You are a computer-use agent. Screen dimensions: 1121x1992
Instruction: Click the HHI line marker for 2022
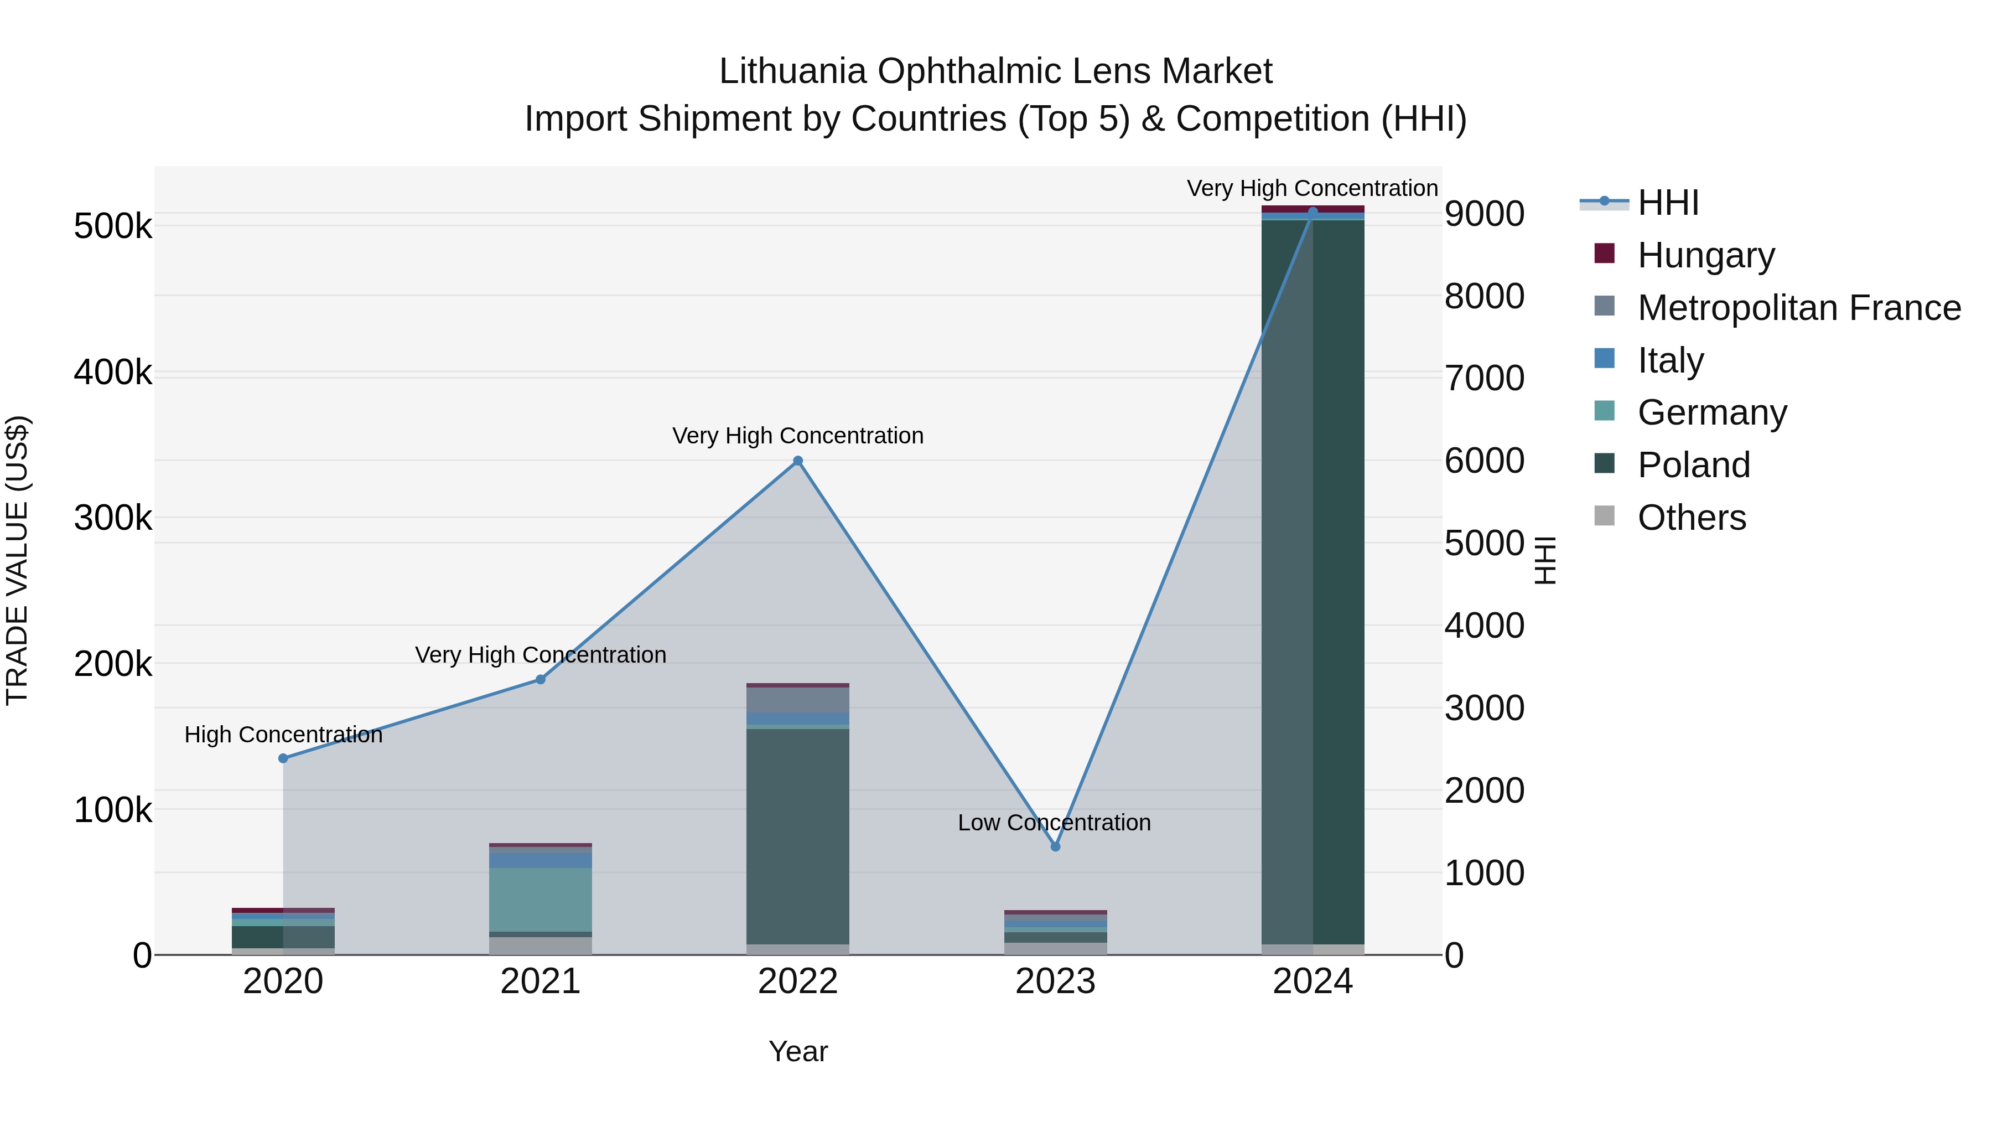pyautogui.click(x=798, y=461)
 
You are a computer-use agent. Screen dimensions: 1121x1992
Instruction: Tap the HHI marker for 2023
pyautogui.click(x=1056, y=846)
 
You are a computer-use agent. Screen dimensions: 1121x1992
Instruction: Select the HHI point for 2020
pyautogui.click(x=283, y=758)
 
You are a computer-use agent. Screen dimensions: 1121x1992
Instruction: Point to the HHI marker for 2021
pyautogui.click(x=541, y=679)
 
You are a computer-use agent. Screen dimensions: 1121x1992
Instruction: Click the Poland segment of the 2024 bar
pyautogui.click(x=1313, y=580)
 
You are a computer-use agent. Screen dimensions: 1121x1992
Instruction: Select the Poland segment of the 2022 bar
pyautogui.click(x=798, y=835)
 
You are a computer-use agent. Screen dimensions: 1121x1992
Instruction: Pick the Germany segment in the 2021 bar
pyautogui.click(x=541, y=899)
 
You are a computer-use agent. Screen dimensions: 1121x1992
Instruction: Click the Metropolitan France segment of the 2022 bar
pyautogui.click(x=798, y=699)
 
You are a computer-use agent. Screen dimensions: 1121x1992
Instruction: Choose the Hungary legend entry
pyautogui.click(x=1705, y=255)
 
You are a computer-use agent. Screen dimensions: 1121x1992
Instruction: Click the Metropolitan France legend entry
pyautogui.click(x=1799, y=307)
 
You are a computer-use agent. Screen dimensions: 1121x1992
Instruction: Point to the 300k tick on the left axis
pyautogui.click(x=113, y=518)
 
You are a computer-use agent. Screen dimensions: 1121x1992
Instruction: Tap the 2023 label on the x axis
pyautogui.click(x=1056, y=981)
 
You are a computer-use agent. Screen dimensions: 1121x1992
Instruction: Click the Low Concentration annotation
pyautogui.click(x=1054, y=823)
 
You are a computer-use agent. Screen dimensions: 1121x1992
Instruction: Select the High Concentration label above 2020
pyautogui.click(x=283, y=734)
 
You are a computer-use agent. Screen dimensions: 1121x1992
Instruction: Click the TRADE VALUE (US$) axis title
pyautogui.click(x=17, y=560)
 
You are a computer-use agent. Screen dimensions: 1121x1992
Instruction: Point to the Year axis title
pyautogui.click(x=798, y=1051)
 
